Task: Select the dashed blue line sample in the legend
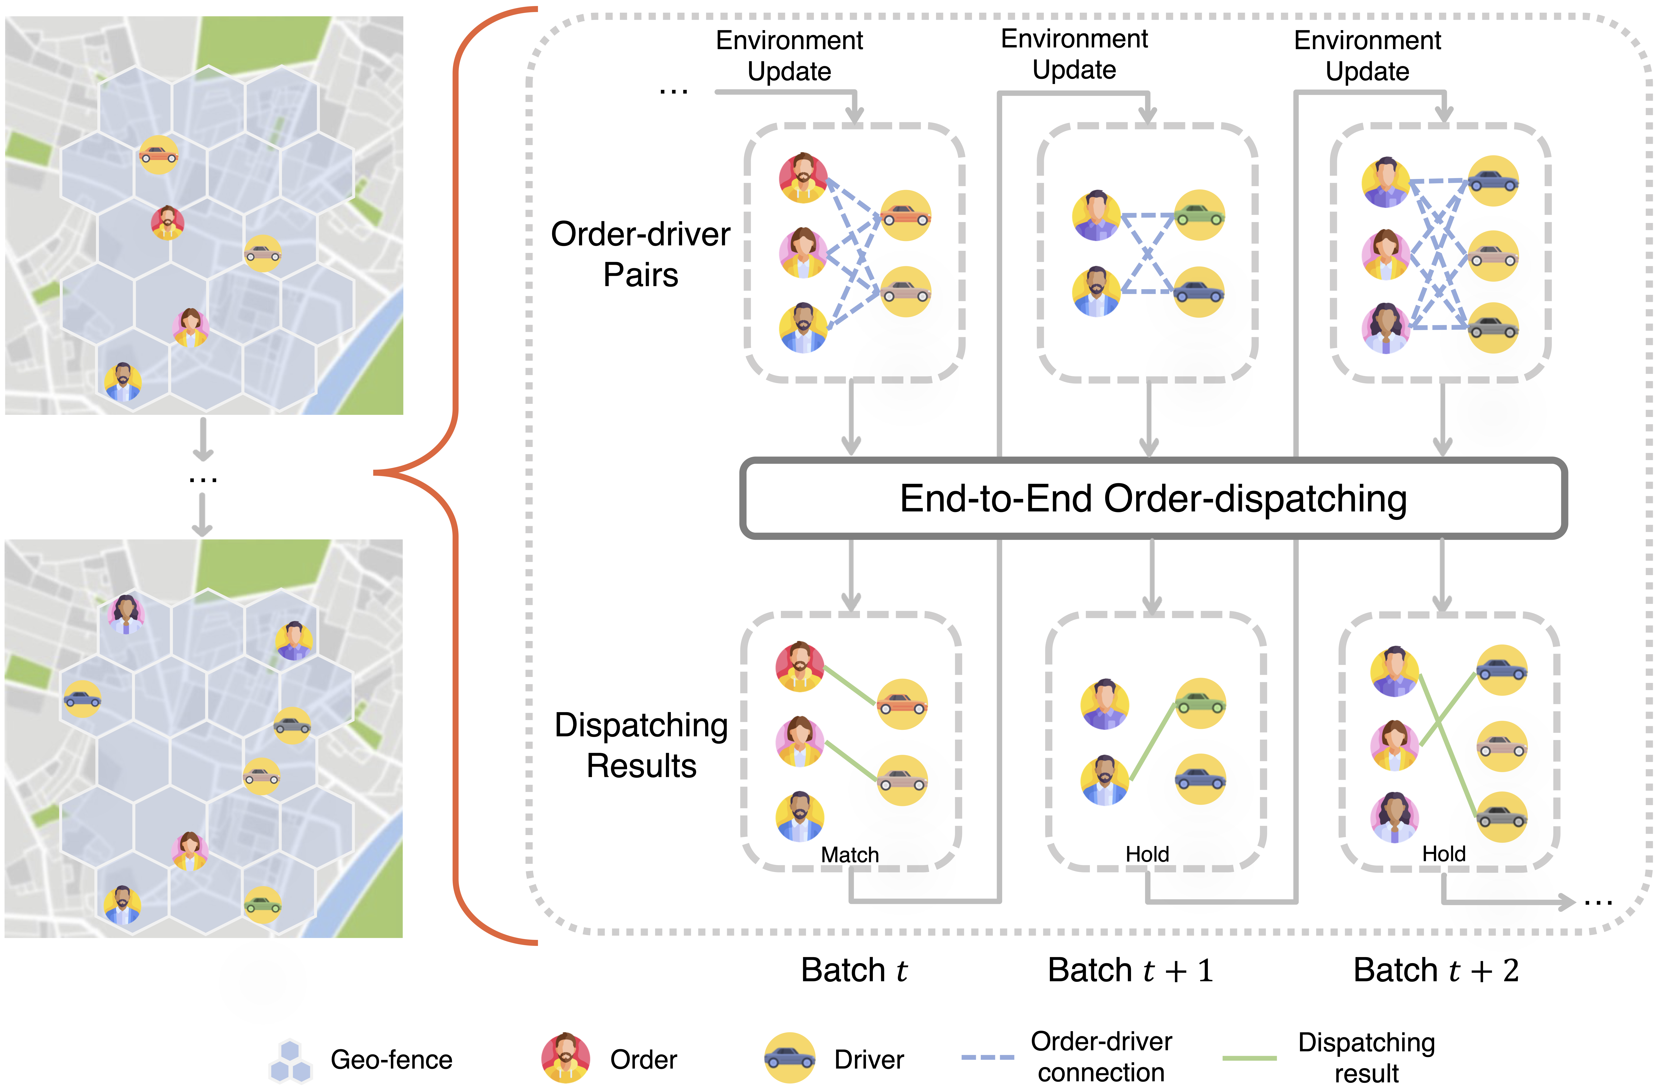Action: (x=987, y=1058)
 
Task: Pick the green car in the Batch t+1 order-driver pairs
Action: (x=1199, y=215)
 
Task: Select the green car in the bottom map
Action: (x=262, y=905)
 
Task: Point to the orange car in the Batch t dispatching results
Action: (x=902, y=704)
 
